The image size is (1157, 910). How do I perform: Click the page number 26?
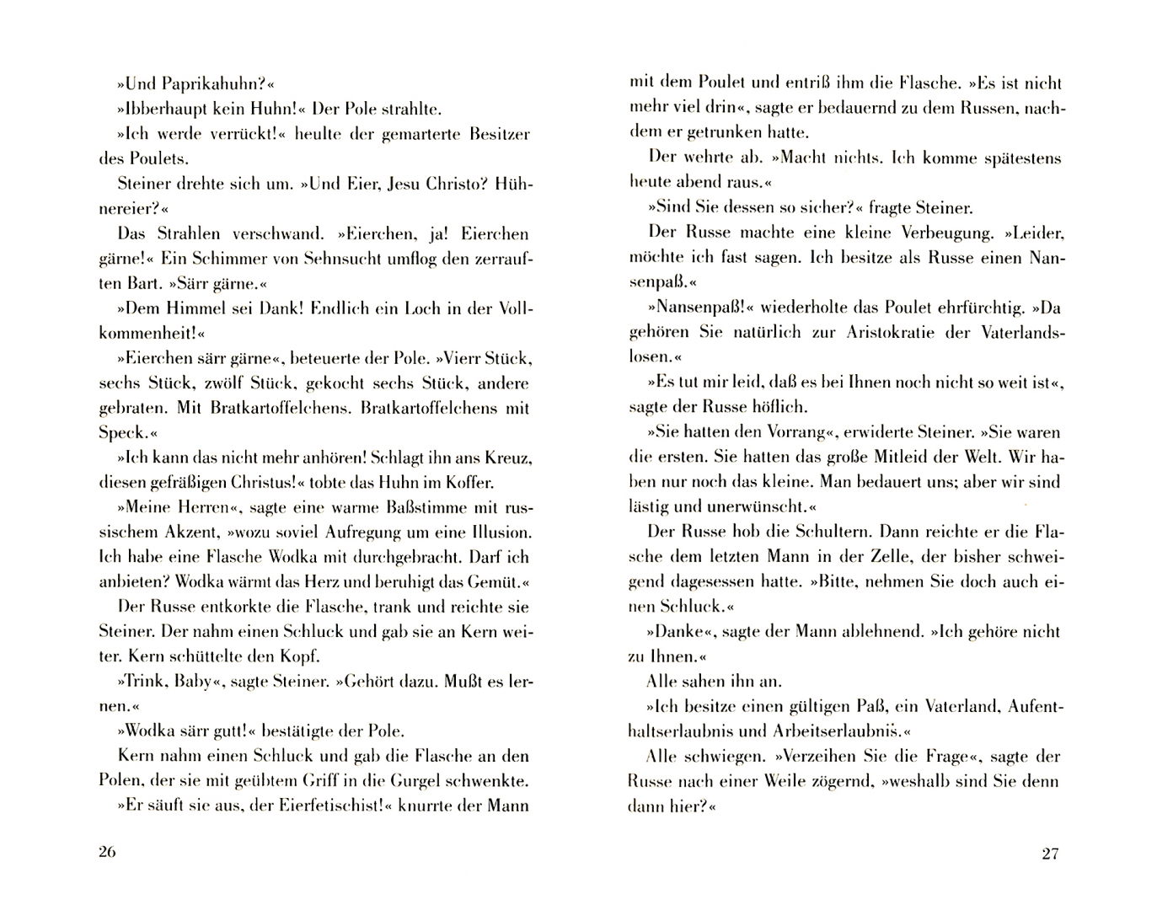[x=106, y=851]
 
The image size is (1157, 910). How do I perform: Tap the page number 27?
[x=1049, y=854]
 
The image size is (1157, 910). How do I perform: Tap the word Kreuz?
[x=506, y=458]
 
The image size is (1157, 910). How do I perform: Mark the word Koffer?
[x=469, y=483]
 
